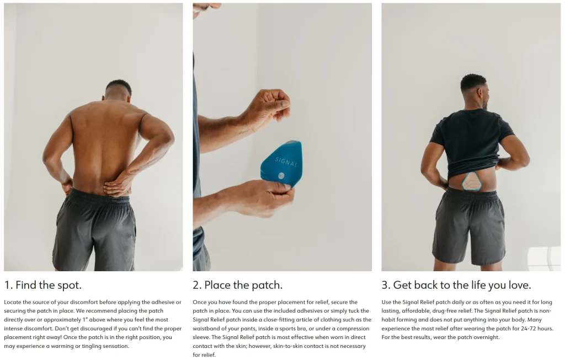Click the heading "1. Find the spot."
[x=43, y=285]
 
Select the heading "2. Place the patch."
[x=237, y=285]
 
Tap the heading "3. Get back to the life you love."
[x=456, y=285]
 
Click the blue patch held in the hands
[x=282, y=164]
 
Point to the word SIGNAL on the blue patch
[x=286, y=162]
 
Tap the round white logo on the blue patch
[x=281, y=176]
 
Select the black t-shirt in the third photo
[x=471, y=142]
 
